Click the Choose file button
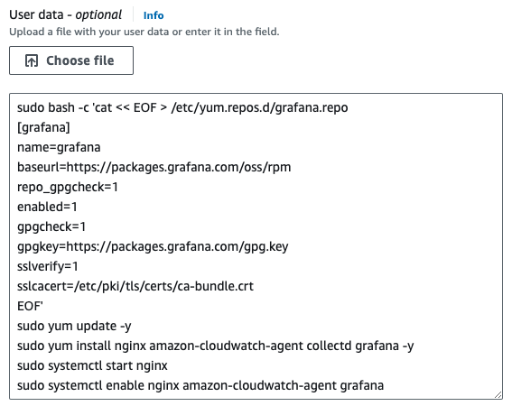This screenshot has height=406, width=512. point(71,60)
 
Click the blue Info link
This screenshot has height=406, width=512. point(154,15)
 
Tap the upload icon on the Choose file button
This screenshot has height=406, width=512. point(32,60)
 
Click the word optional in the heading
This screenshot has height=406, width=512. point(98,15)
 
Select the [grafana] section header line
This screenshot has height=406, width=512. point(43,127)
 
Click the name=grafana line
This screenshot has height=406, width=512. point(59,147)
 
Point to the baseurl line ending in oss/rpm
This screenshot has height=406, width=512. point(154,167)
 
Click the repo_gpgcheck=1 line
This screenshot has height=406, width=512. point(67,187)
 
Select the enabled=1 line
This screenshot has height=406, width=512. point(47,207)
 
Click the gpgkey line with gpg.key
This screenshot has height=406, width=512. point(153,246)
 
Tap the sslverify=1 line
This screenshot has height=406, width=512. point(47,266)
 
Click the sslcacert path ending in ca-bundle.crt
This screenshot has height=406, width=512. point(135,286)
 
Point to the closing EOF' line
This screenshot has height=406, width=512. point(30,306)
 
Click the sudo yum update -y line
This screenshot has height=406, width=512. point(74,326)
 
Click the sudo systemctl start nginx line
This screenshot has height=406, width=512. point(92,365)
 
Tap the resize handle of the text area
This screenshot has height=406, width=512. point(498,394)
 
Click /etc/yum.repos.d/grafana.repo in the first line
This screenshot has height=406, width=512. point(259,107)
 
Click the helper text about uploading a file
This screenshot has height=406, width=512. point(144,32)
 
